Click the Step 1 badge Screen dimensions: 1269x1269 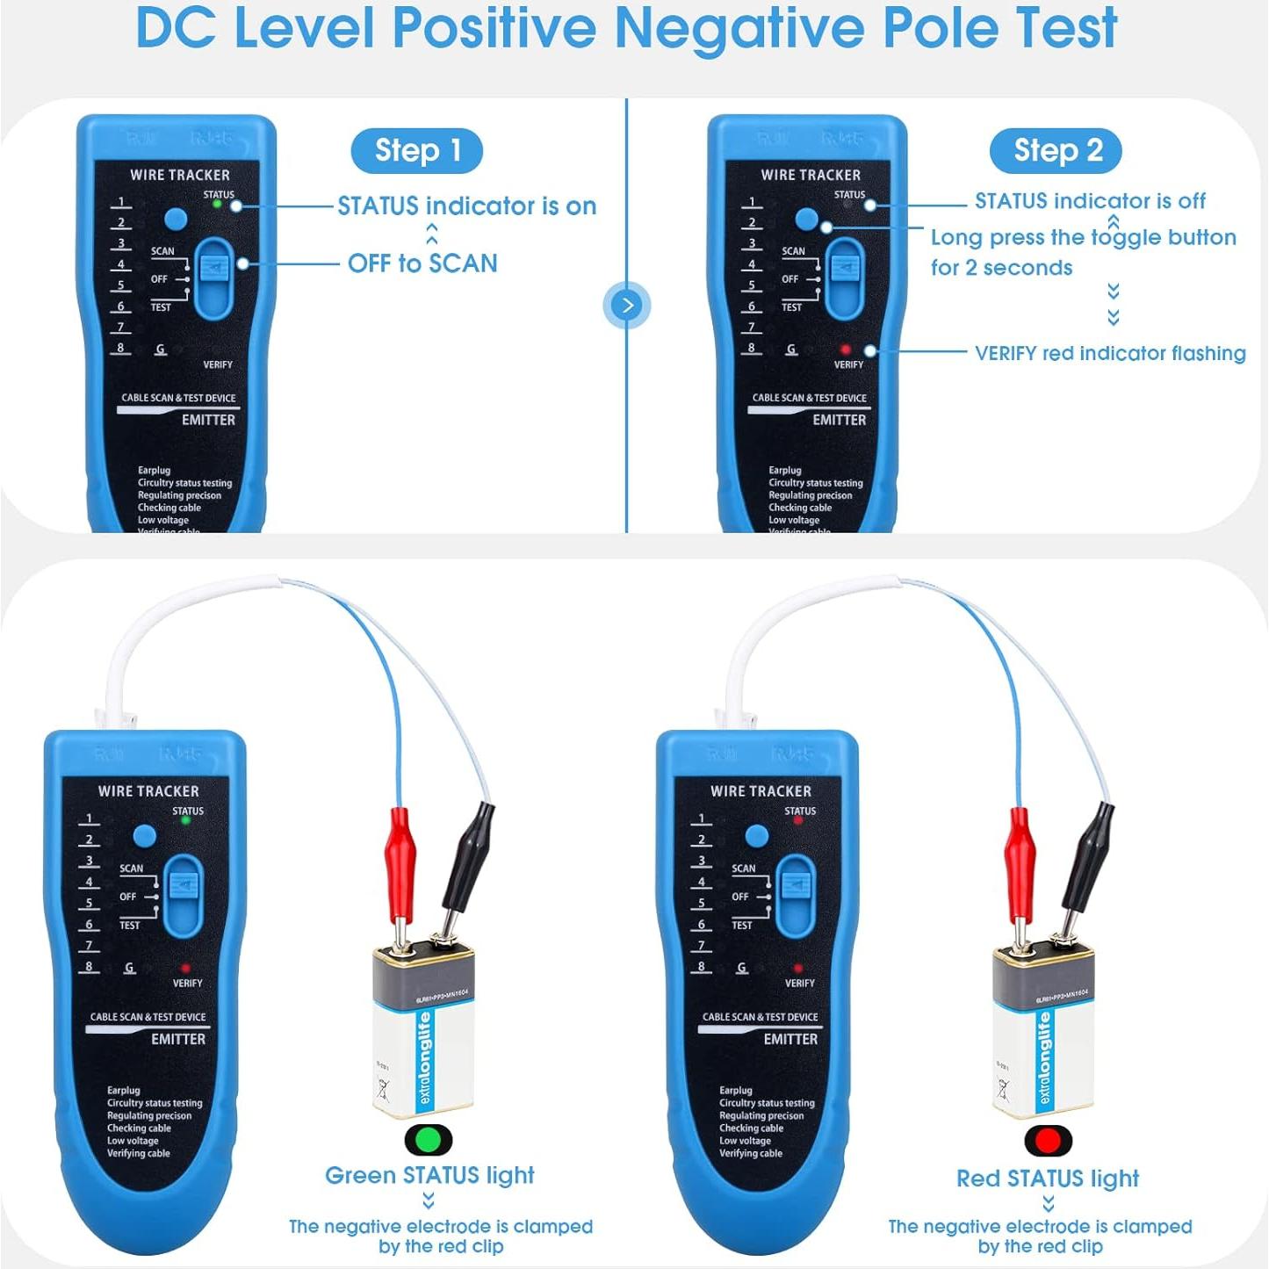(x=417, y=151)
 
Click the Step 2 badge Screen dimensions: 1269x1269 (x=1056, y=151)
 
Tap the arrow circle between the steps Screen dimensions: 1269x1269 (x=627, y=305)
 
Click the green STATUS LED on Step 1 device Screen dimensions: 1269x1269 (x=217, y=205)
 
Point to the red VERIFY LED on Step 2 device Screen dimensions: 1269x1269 (x=846, y=350)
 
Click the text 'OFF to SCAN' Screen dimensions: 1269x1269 (x=422, y=263)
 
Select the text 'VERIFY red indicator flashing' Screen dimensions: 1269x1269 (x=1110, y=353)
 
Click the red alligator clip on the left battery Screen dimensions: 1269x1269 (x=400, y=852)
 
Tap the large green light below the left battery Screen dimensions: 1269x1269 (x=429, y=1140)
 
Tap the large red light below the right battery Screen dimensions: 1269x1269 (x=1048, y=1141)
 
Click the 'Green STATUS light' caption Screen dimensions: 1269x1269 (x=429, y=1175)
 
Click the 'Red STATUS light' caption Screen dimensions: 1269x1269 (x=1047, y=1178)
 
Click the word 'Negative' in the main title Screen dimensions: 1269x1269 (x=739, y=28)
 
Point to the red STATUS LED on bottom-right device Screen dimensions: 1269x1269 (x=798, y=820)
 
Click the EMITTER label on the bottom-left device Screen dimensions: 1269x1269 (x=177, y=1039)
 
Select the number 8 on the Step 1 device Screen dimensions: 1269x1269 (x=121, y=348)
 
